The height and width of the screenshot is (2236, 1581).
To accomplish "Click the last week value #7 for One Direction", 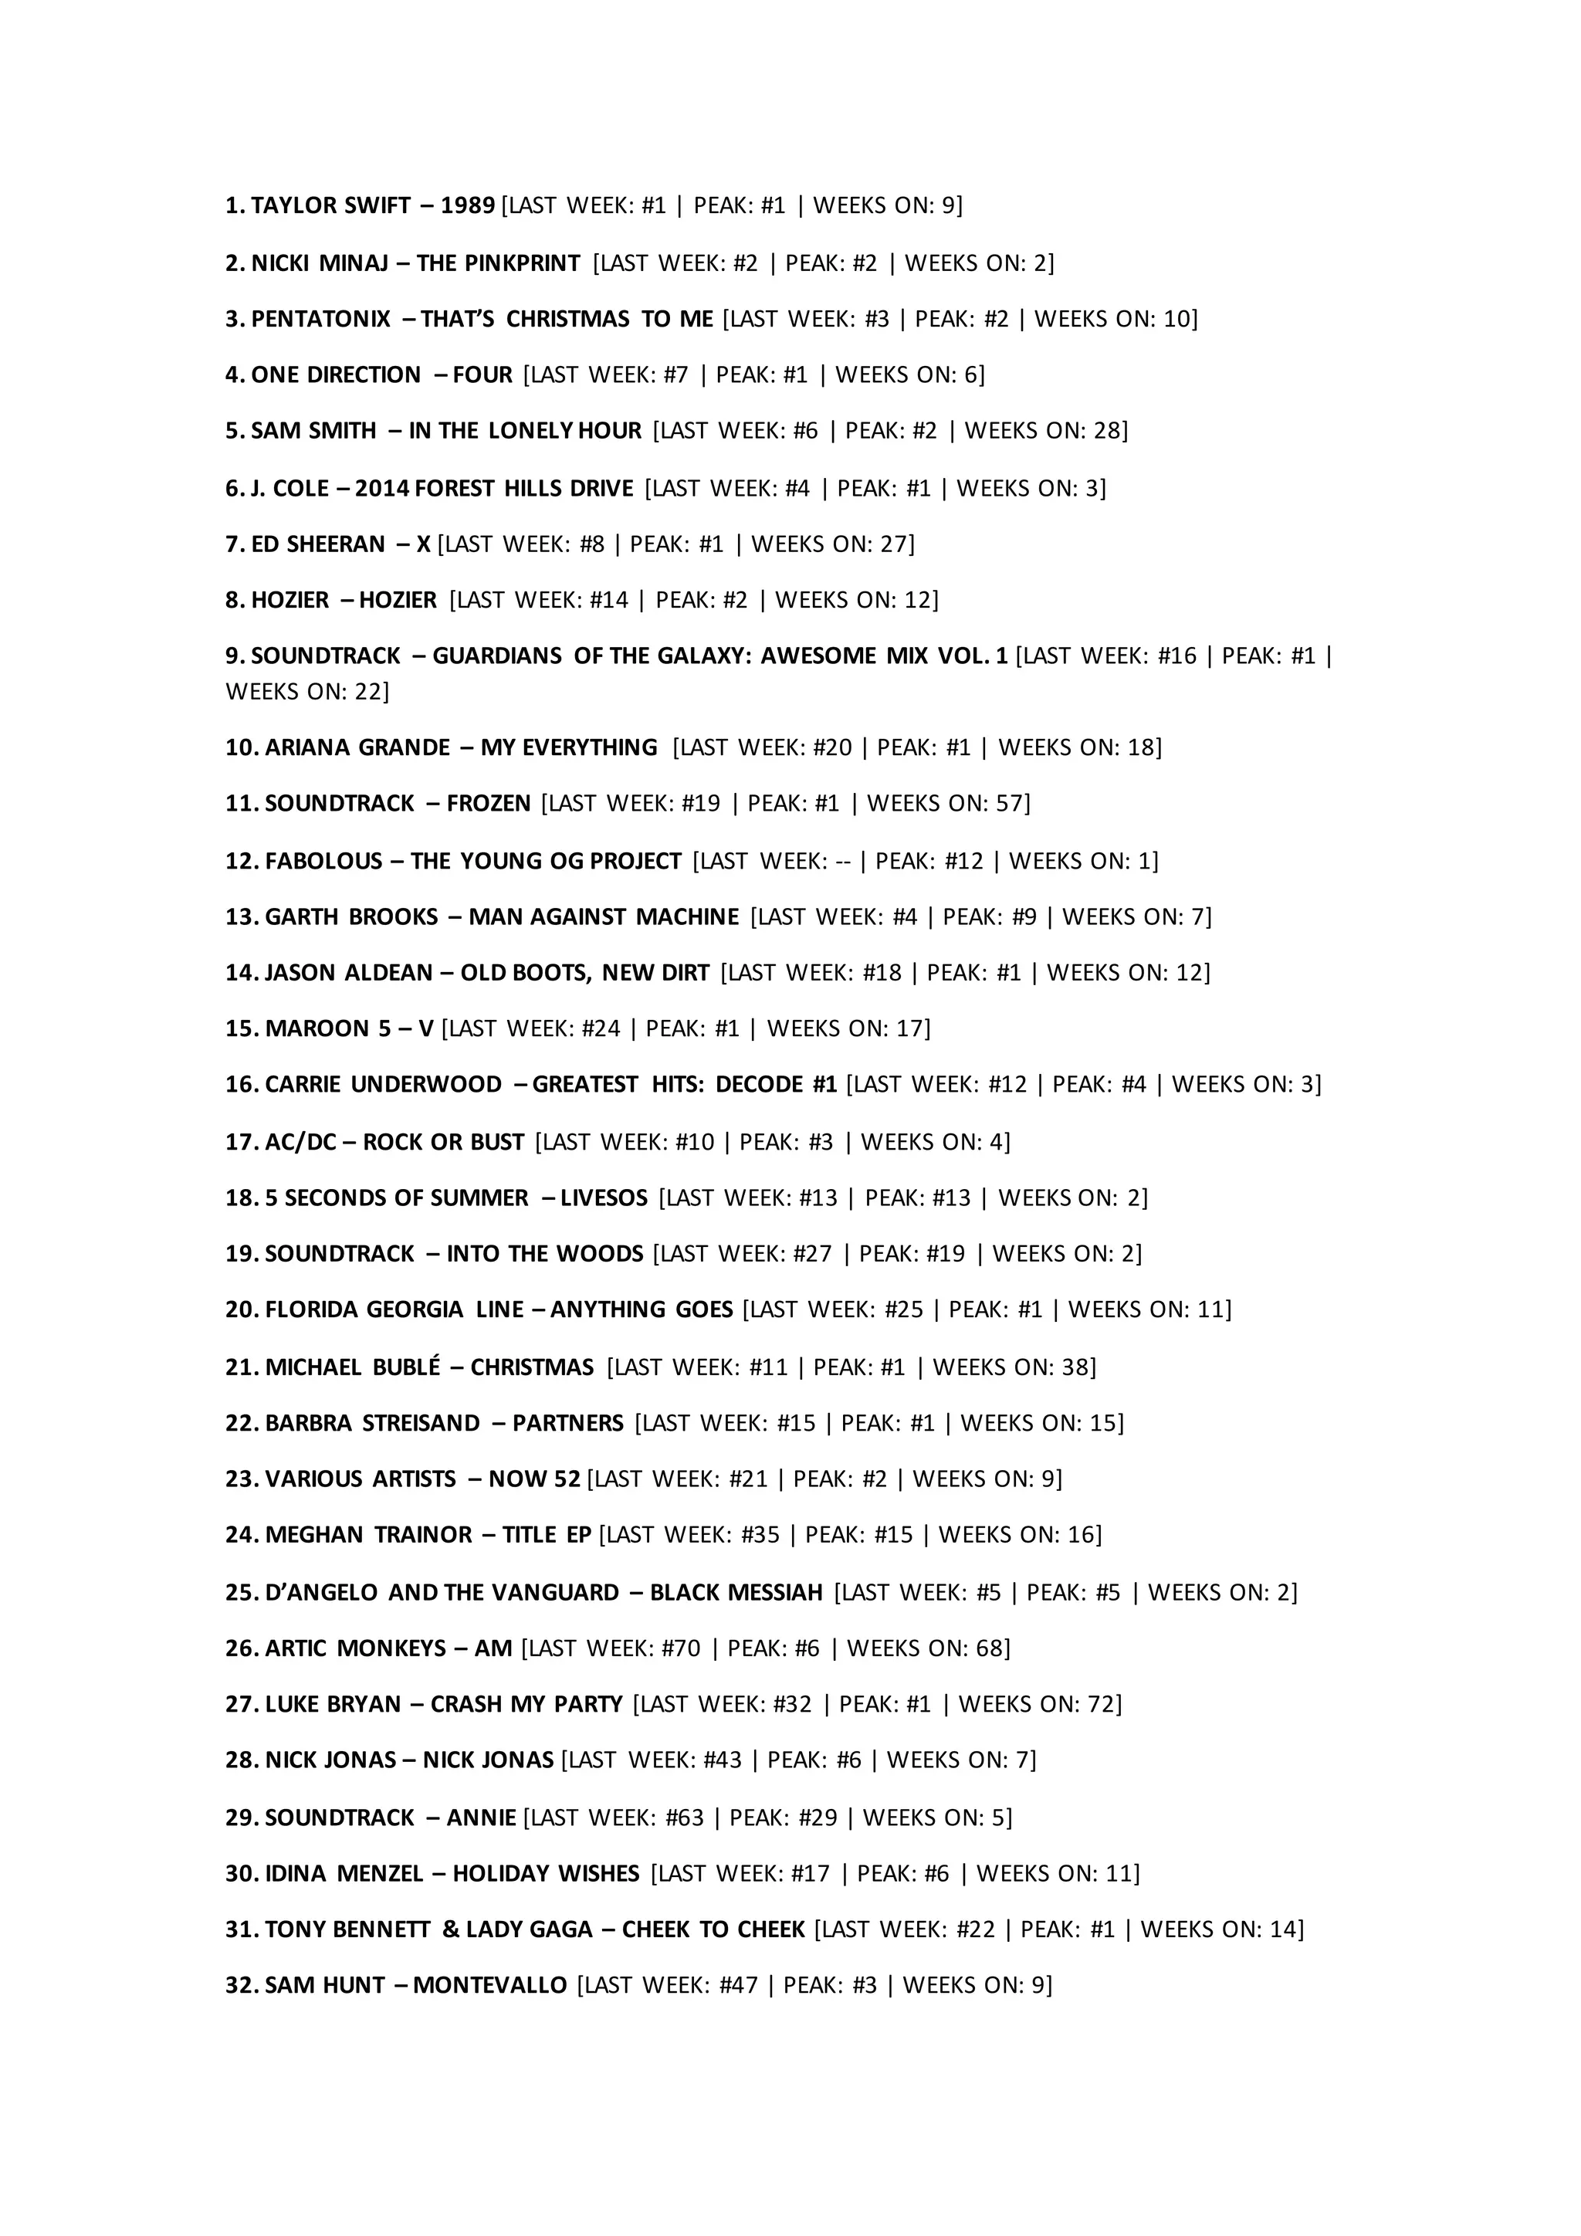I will (675, 375).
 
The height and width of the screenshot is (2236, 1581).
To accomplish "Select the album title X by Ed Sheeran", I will (424, 544).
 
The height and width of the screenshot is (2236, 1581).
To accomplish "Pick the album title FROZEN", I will (488, 804).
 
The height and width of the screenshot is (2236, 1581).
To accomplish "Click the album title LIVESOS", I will (604, 1198).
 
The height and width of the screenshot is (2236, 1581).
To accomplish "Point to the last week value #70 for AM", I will (680, 1648).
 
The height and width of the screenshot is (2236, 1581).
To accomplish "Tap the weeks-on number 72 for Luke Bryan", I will (1104, 1704).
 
